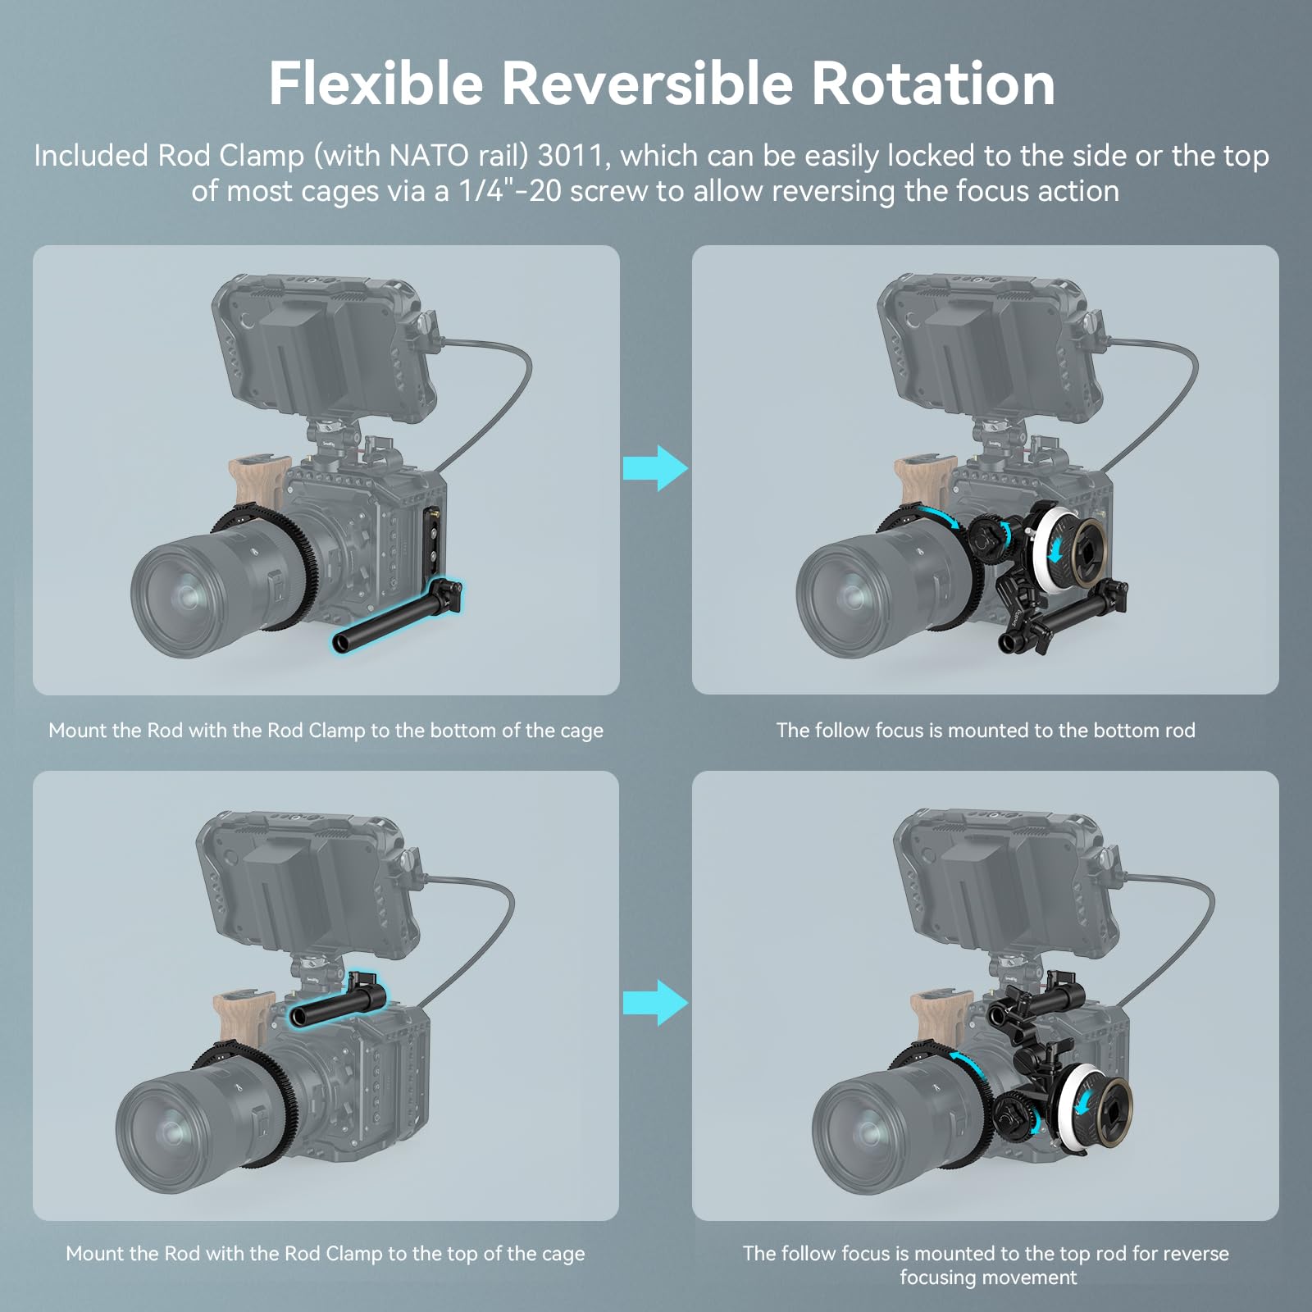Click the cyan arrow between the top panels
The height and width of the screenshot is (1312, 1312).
pyautogui.click(x=654, y=469)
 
